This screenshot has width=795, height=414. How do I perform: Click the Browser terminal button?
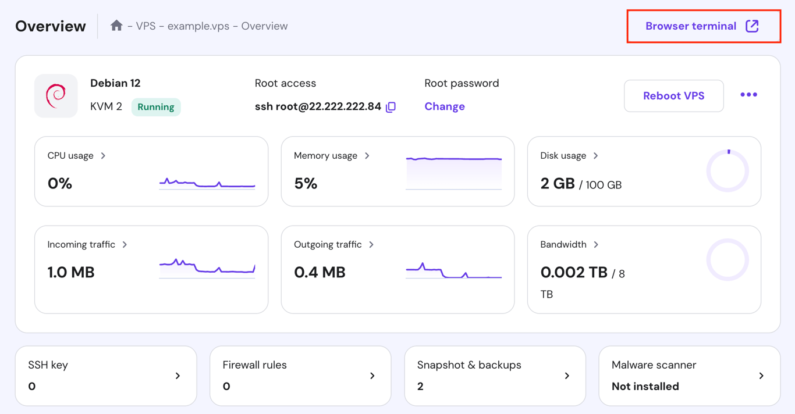tap(702, 26)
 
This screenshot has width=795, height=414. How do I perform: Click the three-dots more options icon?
tap(748, 95)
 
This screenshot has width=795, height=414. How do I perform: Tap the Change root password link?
tap(445, 106)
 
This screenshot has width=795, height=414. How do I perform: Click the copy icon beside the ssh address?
tap(391, 107)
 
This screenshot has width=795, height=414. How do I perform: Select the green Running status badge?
tap(156, 107)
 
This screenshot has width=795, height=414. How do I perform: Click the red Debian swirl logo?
tap(56, 96)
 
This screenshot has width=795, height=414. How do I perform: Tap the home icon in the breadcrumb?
tap(116, 26)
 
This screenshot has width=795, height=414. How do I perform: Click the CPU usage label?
tap(70, 156)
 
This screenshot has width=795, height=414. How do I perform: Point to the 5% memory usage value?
tap(306, 184)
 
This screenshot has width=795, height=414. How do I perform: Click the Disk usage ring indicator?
tap(727, 171)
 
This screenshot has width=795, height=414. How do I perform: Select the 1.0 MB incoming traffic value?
tap(71, 272)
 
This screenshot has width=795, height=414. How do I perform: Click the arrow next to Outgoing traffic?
tap(371, 245)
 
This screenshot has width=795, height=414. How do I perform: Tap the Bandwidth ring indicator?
tap(727, 260)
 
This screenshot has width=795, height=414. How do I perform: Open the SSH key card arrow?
tap(178, 376)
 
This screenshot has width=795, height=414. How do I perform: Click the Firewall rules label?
tap(254, 365)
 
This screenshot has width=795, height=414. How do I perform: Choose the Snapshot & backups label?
tap(469, 365)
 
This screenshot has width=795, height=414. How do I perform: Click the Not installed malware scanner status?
tap(645, 386)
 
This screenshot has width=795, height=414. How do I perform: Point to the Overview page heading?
tap(51, 26)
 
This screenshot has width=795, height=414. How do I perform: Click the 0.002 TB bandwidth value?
tap(574, 272)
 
